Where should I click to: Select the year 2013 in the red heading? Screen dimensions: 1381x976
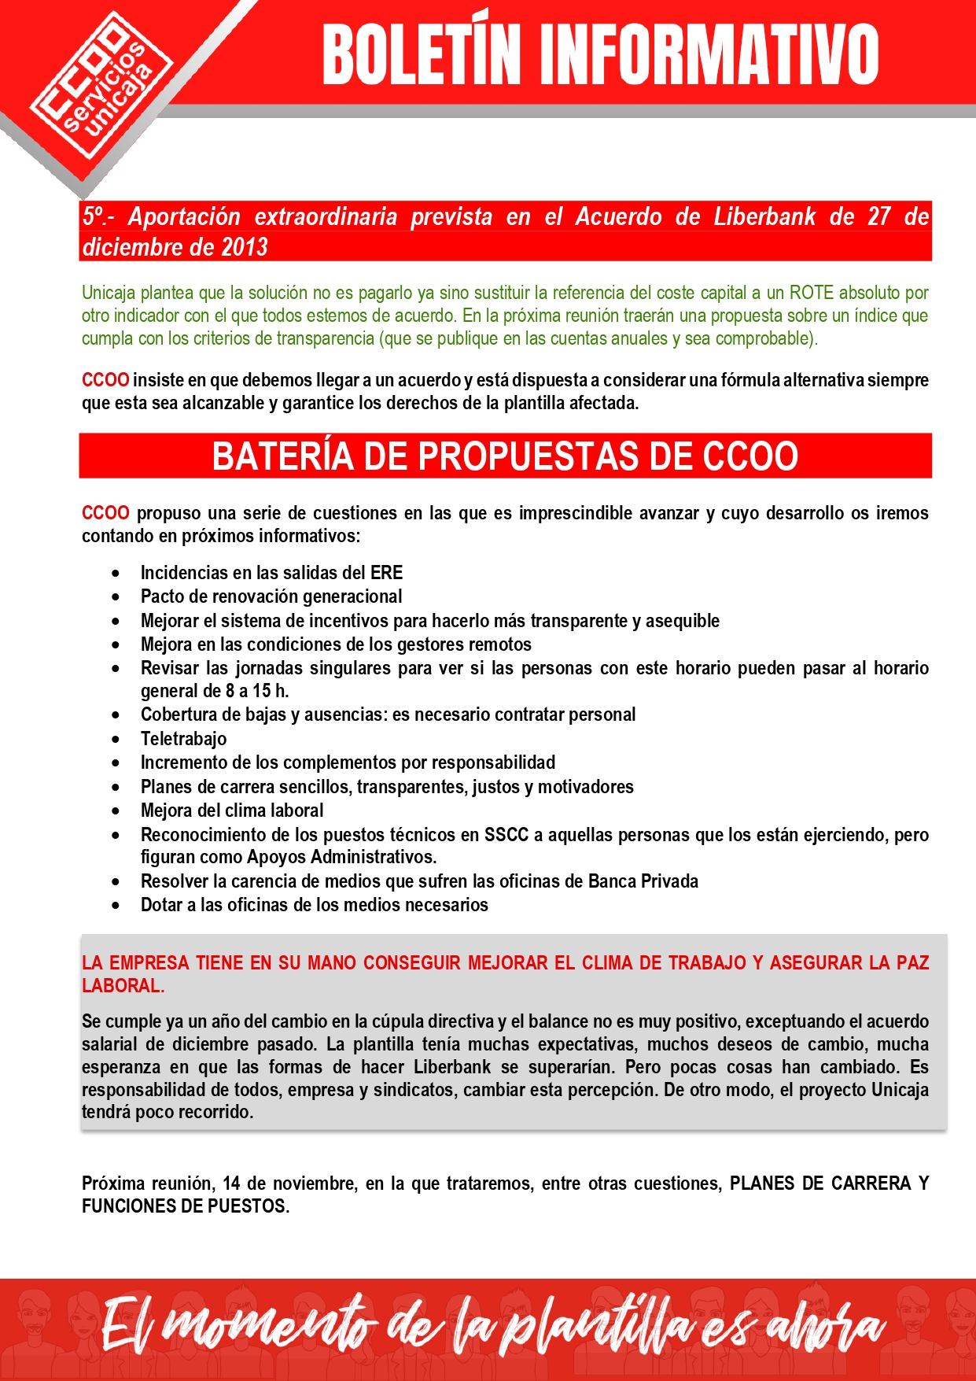245,247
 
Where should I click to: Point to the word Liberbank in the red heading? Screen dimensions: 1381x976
764,216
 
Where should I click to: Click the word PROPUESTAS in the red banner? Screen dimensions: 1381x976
558,456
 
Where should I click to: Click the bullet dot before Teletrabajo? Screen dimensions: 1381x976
116,740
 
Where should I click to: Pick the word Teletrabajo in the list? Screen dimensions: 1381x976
184,739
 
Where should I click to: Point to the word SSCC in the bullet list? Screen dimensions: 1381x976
506,835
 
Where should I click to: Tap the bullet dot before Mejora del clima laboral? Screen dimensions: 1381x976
116,811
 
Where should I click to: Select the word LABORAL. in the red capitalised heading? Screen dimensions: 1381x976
123,986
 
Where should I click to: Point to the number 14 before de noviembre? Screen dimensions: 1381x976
231,1183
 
